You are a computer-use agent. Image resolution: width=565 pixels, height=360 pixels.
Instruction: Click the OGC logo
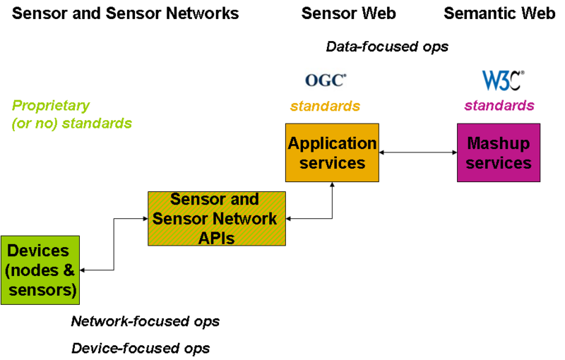326,80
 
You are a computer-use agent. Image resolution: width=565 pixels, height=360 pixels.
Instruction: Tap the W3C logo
503,80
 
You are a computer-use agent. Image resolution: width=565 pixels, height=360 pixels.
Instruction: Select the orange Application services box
332,152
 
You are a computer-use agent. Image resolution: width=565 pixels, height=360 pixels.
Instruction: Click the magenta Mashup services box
499,152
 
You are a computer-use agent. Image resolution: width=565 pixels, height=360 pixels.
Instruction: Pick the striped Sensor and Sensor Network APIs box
217,219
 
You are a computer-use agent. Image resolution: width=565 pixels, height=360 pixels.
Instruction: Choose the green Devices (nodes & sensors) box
40,270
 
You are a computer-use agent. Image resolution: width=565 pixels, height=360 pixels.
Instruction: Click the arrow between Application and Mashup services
418,152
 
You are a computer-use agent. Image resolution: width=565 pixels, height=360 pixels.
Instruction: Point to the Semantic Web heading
499,13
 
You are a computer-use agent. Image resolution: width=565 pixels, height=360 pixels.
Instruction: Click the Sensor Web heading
348,13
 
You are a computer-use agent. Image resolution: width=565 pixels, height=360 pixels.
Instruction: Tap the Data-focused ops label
387,47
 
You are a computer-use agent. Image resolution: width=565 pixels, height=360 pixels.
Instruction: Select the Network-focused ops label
145,321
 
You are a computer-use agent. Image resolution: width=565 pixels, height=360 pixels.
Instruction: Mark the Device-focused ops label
141,349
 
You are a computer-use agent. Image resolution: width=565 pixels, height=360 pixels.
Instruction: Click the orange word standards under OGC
325,106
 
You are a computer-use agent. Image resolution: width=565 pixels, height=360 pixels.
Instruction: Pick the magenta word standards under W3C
499,106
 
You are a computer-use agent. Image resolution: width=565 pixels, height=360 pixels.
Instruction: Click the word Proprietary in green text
50,106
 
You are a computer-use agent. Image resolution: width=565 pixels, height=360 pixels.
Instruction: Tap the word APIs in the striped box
216,238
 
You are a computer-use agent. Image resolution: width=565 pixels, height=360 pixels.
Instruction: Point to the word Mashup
499,143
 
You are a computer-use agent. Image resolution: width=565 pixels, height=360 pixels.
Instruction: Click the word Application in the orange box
332,143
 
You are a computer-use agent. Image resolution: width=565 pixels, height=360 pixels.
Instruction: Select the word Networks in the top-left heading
202,13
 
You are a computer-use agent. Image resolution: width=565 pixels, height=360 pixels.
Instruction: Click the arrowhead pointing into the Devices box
82,270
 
